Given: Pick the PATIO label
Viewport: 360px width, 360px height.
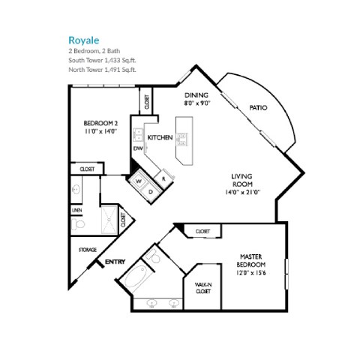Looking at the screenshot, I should click(x=259, y=108).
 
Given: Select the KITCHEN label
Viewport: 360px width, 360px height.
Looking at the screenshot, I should click(x=160, y=137).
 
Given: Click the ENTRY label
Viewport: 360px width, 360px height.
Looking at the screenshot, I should click(x=115, y=262).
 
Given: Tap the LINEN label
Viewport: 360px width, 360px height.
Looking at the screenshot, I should click(x=76, y=210).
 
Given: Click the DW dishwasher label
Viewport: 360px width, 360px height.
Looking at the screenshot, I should click(x=138, y=148).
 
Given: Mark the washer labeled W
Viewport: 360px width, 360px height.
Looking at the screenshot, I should click(x=138, y=181).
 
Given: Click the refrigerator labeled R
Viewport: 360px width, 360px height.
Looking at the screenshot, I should click(x=163, y=179).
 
